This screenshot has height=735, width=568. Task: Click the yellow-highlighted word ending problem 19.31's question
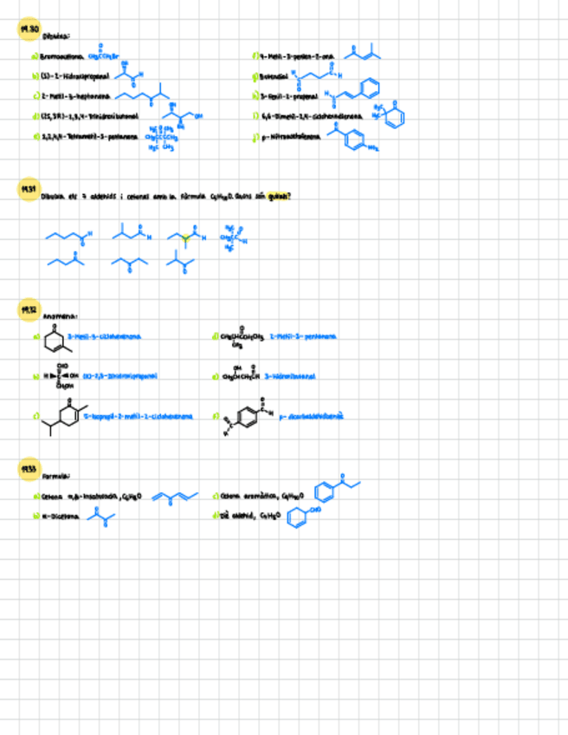(x=277, y=197)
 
